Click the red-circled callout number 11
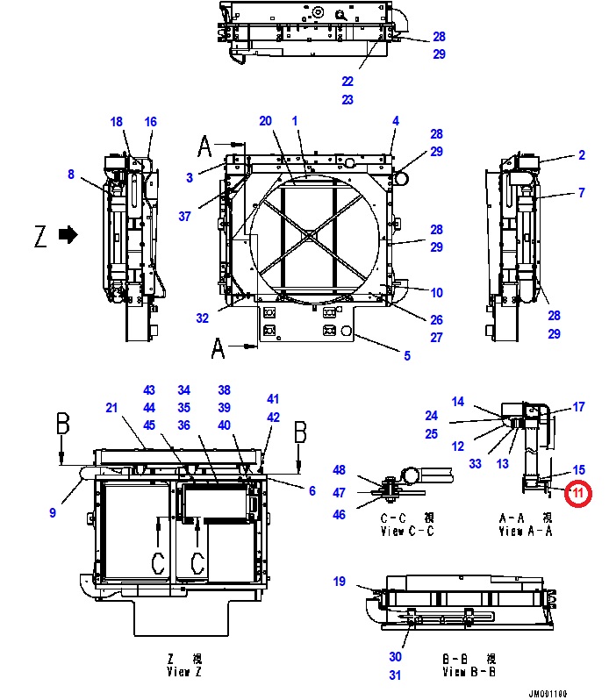(578, 494)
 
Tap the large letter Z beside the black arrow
(39, 236)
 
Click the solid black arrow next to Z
(68, 235)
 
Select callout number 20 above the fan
(265, 121)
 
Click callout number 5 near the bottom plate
(406, 355)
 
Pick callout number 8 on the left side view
(71, 175)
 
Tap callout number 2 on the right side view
(581, 155)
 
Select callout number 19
(340, 582)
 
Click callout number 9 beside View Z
(53, 513)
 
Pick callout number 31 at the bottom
(396, 675)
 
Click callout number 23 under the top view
(347, 100)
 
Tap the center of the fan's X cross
(309, 236)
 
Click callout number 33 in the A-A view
(475, 463)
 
